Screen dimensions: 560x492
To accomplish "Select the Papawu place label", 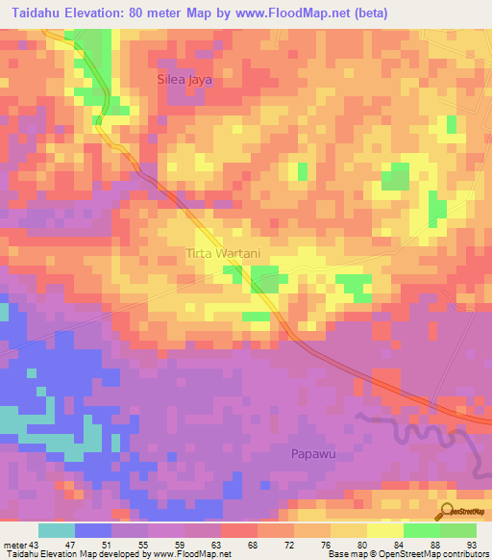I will (314, 452).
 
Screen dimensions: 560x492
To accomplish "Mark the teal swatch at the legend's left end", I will (57, 530).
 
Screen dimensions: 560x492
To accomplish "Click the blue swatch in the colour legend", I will (93, 530).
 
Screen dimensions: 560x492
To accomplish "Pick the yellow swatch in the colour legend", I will (348, 530).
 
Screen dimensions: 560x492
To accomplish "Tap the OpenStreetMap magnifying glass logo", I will (447, 511).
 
